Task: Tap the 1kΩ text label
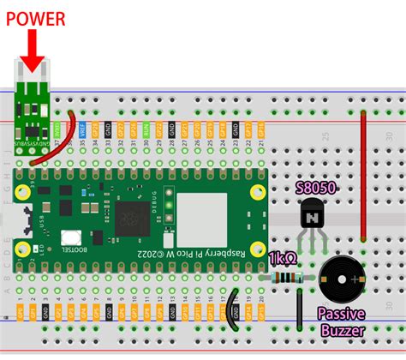[x=282, y=257]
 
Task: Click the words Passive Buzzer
[x=343, y=322]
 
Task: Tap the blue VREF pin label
[x=83, y=129]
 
